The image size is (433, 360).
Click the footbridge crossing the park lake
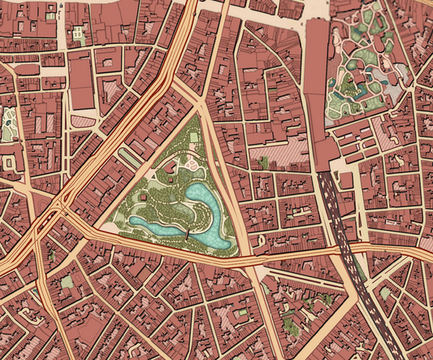(187, 234)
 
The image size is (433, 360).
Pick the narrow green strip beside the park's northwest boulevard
(132, 158)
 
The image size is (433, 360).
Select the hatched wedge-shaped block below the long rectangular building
(84, 121)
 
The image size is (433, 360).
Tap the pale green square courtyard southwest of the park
(67, 281)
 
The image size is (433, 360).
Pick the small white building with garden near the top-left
(78, 34)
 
